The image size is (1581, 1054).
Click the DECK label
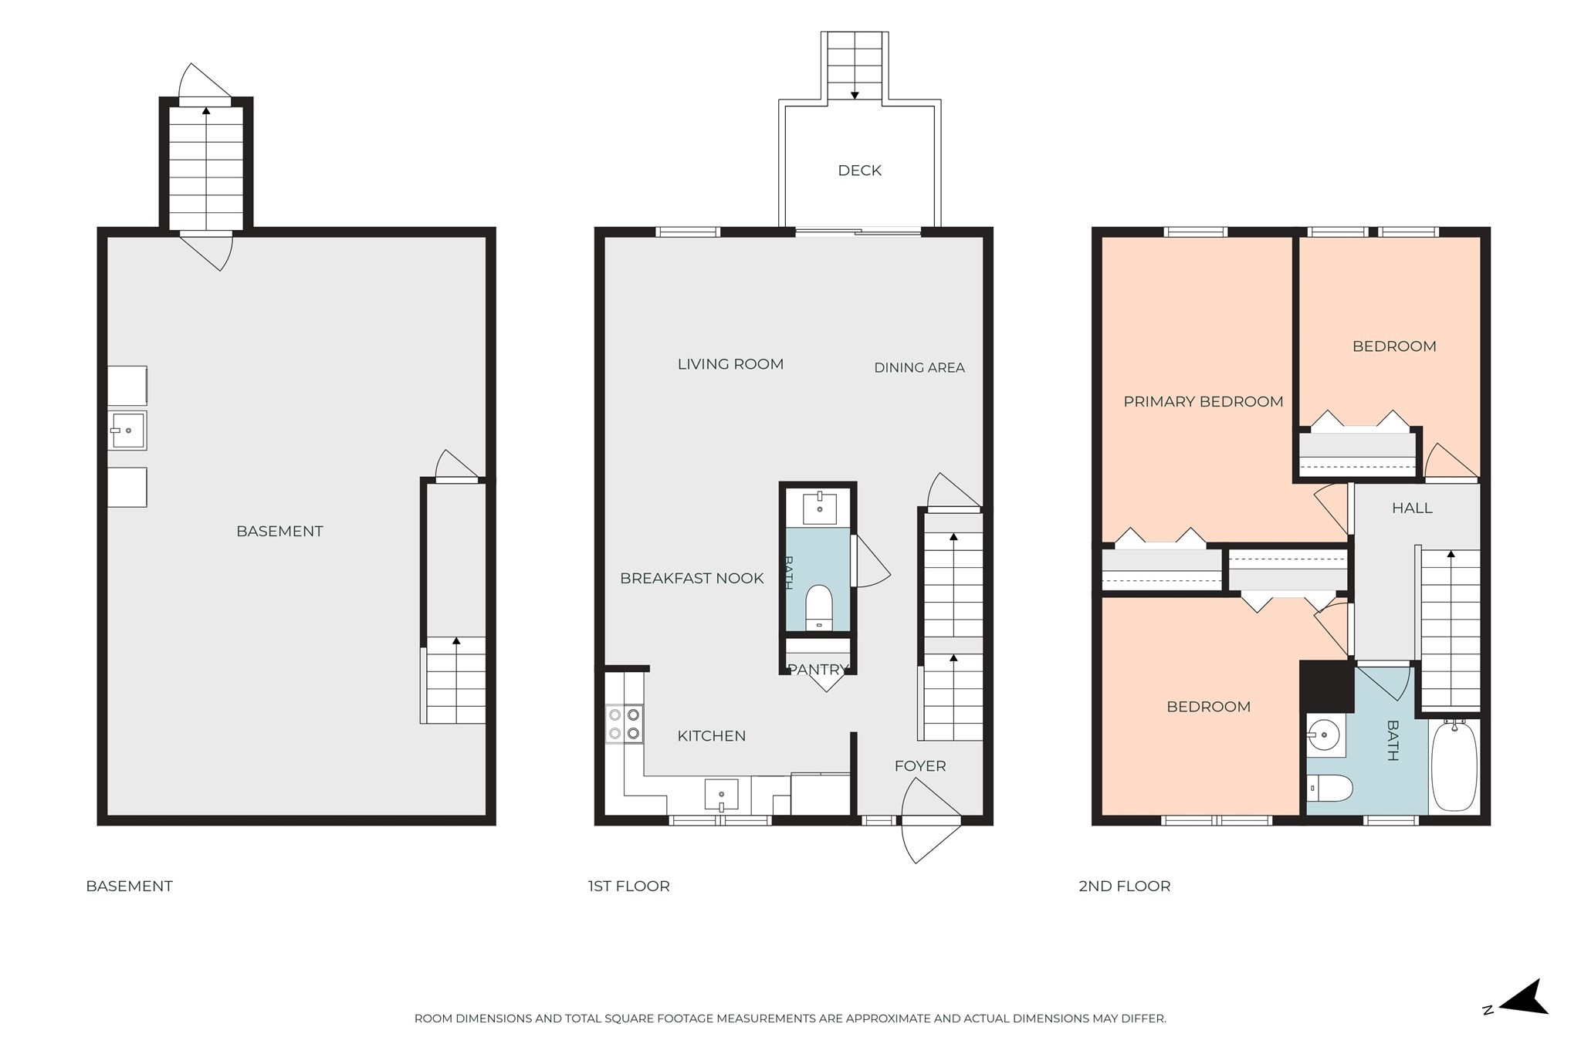tap(859, 171)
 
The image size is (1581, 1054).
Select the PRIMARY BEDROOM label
tap(1203, 401)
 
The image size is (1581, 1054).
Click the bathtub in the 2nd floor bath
tap(1454, 765)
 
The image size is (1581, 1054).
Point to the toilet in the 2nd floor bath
tap(1330, 789)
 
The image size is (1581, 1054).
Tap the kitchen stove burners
tap(624, 724)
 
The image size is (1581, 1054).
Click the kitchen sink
tap(721, 795)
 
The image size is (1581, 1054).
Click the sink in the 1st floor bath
tap(819, 508)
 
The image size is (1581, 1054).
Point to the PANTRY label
tap(818, 670)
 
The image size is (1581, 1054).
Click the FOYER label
tap(920, 766)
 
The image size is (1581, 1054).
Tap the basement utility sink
tap(127, 431)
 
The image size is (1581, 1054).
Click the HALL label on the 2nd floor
tap(1412, 508)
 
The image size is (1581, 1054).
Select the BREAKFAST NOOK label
tap(692, 579)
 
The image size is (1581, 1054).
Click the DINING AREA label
tap(919, 368)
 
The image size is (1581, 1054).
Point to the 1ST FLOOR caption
tap(628, 887)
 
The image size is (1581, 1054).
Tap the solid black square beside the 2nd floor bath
tap(1327, 687)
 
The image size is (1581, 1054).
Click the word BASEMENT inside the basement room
tap(279, 532)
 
